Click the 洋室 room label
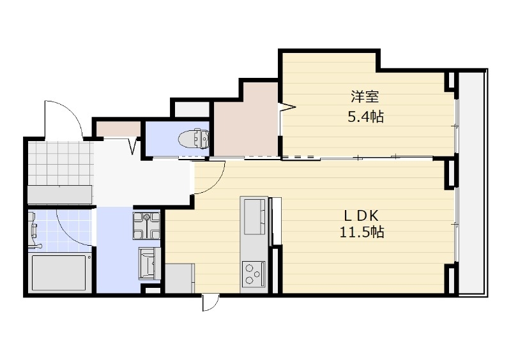click(365, 96)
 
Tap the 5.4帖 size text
click(365, 116)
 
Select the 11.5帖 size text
click(362, 232)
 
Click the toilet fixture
click(194, 139)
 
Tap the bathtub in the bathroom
click(59, 274)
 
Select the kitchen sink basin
click(254, 216)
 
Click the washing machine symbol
click(146, 226)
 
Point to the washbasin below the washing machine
click(149, 263)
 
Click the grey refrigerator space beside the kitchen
click(180, 278)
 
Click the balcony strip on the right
click(471, 183)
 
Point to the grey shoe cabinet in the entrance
click(60, 195)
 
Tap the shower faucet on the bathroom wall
click(33, 225)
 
